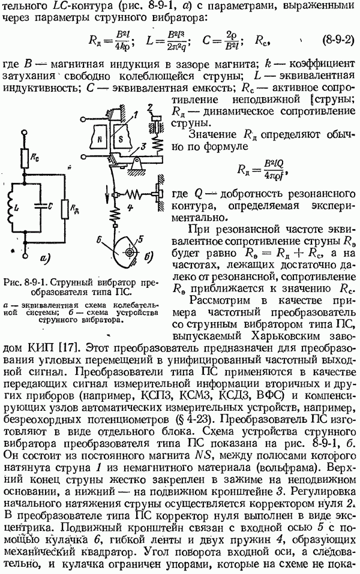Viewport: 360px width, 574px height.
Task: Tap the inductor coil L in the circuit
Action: [10, 208]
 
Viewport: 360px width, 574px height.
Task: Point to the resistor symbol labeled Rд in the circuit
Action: [65, 209]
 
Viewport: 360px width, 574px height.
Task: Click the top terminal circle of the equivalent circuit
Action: [25, 133]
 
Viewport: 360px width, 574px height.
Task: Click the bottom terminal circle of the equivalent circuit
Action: [25, 254]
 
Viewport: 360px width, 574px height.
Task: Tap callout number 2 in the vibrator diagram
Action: [150, 107]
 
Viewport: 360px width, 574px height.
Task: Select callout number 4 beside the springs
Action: [131, 208]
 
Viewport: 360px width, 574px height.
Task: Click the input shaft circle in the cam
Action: [129, 253]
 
